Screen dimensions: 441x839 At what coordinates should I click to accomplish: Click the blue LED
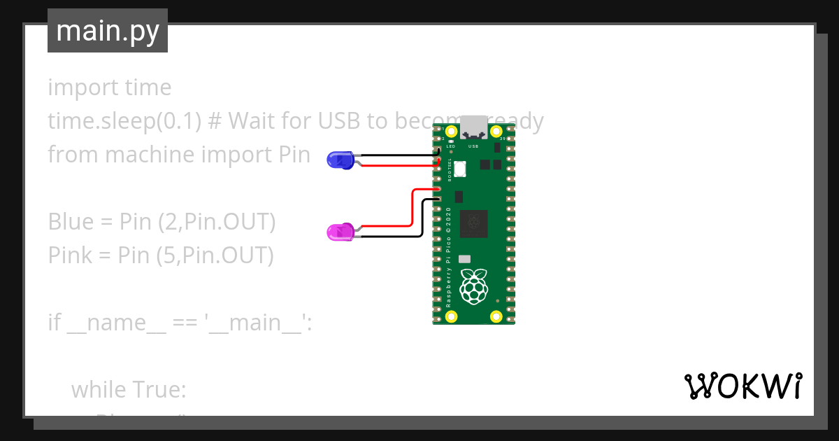point(340,160)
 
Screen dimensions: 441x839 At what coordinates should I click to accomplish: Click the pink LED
point(340,232)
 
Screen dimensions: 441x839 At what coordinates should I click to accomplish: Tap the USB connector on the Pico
point(473,127)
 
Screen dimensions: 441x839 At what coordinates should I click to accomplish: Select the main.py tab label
point(108,31)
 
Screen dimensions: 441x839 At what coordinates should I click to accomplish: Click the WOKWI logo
point(743,386)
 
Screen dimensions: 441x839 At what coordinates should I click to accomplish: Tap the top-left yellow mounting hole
point(451,132)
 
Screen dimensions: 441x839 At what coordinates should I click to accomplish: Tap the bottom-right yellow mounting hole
point(496,315)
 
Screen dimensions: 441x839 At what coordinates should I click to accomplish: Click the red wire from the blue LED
point(399,166)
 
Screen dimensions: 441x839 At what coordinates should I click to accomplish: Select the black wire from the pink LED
point(392,237)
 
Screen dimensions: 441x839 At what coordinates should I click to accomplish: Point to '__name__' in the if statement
point(116,323)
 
